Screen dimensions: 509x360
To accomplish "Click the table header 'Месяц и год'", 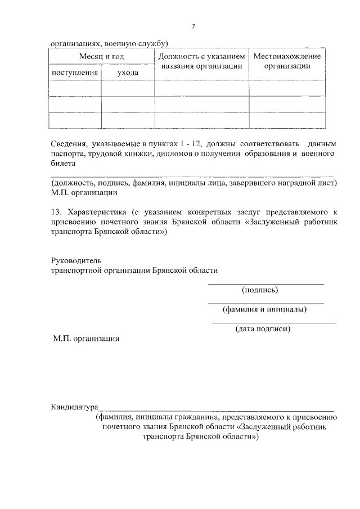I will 101,57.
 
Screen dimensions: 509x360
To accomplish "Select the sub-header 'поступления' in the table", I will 75,73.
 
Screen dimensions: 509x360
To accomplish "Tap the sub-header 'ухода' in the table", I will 128,73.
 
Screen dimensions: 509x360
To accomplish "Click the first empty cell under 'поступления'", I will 75,88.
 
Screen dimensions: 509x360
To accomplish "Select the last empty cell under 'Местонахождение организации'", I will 287,120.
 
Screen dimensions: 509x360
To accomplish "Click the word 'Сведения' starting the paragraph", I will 66,145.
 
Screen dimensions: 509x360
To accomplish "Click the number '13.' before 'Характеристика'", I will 56,213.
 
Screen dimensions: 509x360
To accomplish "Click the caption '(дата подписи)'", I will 263,329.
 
